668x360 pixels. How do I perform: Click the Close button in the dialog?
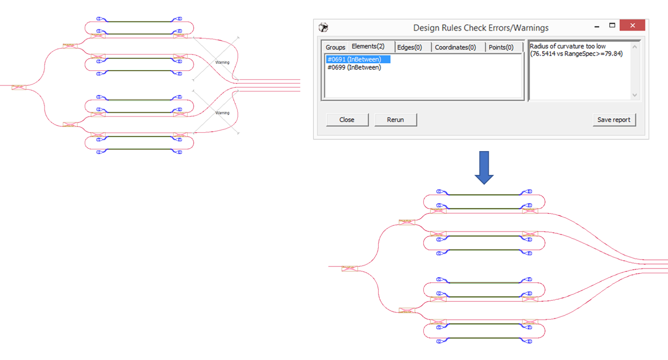pyautogui.click(x=347, y=120)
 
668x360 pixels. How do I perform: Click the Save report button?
pyautogui.click(x=614, y=120)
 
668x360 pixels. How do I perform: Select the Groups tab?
pyautogui.click(x=335, y=47)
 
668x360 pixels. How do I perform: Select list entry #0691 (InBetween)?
pyautogui.click(x=354, y=59)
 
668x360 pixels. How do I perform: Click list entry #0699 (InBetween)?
pyautogui.click(x=354, y=67)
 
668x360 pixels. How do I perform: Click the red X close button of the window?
pyautogui.click(x=632, y=25)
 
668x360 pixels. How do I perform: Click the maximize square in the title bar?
pyautogui.click(x=612, y=25)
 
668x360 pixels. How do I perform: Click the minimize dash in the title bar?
pyautogui.click(x=594, y=25)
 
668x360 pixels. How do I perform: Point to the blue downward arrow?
pyautogui.click(x=484, y=167)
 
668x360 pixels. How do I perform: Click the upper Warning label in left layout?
pyautogui.click(x=222, y=62)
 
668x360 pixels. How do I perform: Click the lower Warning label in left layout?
pyautogui.click(x=222, y=113)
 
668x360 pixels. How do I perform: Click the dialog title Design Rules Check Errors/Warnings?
pyautogui.click(x=480, y=28)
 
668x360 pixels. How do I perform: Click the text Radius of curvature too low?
pyautogui.click(x=567, y=46)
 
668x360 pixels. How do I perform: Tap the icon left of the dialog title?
pyautogui.click(x=324, y=27)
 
